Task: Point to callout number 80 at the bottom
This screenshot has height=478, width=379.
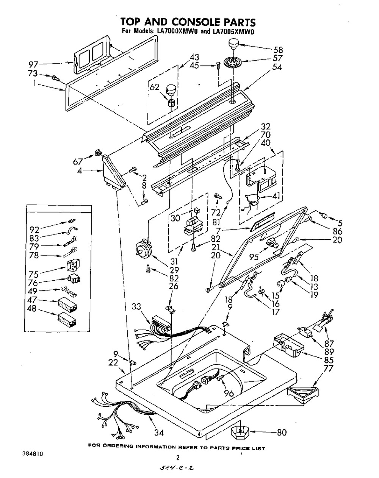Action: (x=282, y=432)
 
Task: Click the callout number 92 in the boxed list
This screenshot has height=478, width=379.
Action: (x=34, y=229)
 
